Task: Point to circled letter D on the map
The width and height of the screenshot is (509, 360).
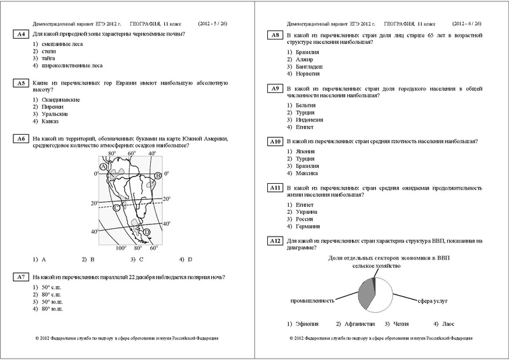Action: (x=147, y=233)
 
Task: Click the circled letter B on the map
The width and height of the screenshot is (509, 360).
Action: (x=157, y=176)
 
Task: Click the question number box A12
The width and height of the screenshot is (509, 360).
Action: (x=275, y=241)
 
